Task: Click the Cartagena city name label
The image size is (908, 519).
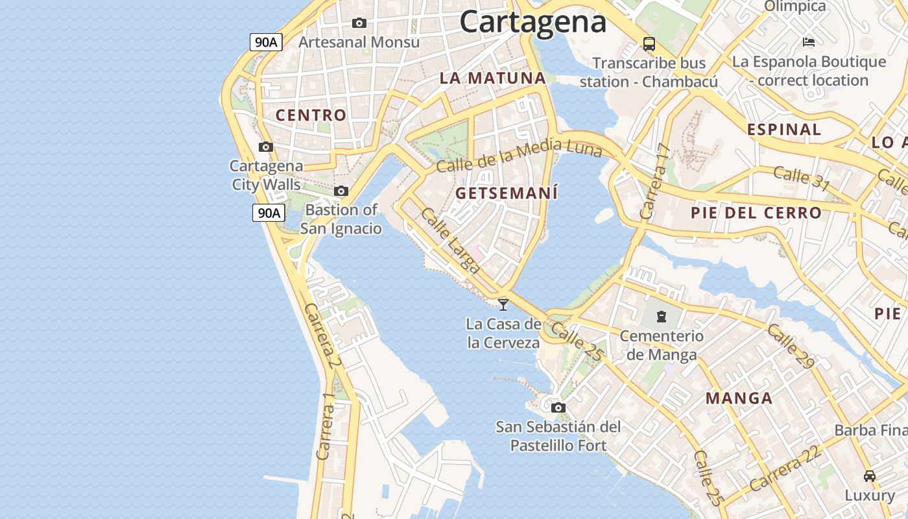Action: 533,21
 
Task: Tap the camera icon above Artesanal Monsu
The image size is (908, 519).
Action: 359,23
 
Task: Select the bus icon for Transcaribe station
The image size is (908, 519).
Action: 649,43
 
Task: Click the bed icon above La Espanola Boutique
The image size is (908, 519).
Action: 809,42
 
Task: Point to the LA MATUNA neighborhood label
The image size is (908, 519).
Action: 493,78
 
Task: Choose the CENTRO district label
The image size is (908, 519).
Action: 311,115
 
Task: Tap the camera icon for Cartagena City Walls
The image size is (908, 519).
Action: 266,147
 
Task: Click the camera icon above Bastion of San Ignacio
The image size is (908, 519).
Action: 341,191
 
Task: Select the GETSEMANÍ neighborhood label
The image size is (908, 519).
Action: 507,193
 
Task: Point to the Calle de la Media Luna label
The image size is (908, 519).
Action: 519,156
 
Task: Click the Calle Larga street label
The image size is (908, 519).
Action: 450,240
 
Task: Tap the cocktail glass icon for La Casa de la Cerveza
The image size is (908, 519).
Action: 503,304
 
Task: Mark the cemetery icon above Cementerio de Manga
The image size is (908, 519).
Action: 661,317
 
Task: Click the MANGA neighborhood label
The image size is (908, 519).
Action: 739,398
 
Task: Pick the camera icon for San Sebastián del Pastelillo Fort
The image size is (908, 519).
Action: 558,407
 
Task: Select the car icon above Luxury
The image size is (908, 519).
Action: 870,476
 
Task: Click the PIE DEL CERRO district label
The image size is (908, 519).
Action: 756,213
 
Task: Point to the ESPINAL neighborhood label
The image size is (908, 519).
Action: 784,129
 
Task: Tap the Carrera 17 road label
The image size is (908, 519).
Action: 654,181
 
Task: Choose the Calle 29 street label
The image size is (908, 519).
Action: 790,346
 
